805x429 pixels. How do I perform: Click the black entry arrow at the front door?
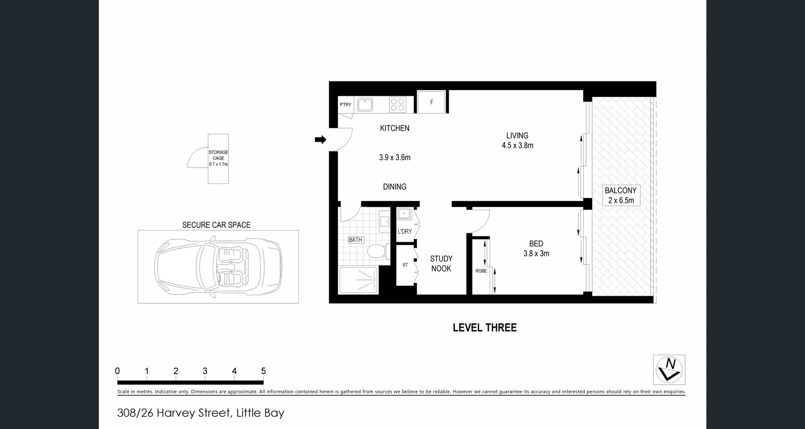[320, 140]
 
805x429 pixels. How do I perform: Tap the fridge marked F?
[431, 102]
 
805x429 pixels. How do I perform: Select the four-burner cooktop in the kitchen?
[397, 104]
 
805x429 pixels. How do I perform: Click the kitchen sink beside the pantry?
[365, 104]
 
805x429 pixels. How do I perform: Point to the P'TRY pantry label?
[345, 105]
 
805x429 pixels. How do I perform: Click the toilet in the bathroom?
[376, 251]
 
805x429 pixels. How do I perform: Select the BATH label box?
[355, 240]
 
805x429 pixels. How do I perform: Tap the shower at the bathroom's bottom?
[358, 280]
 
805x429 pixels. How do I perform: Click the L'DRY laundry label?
[405, 231]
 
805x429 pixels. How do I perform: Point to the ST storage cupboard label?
[405, 265]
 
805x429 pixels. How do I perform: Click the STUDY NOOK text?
[441, 264]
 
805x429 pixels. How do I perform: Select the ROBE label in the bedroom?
[481, 271]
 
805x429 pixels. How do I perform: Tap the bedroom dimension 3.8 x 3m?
[536, 253]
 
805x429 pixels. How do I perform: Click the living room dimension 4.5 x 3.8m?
[517, 145]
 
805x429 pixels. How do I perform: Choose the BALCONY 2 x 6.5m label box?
[621, 195]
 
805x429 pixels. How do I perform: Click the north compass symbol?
[669, 370]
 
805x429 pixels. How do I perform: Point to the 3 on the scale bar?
[205, 371]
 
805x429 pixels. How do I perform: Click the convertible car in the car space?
[218, 266]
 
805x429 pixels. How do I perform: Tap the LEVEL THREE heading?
[484, 328]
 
